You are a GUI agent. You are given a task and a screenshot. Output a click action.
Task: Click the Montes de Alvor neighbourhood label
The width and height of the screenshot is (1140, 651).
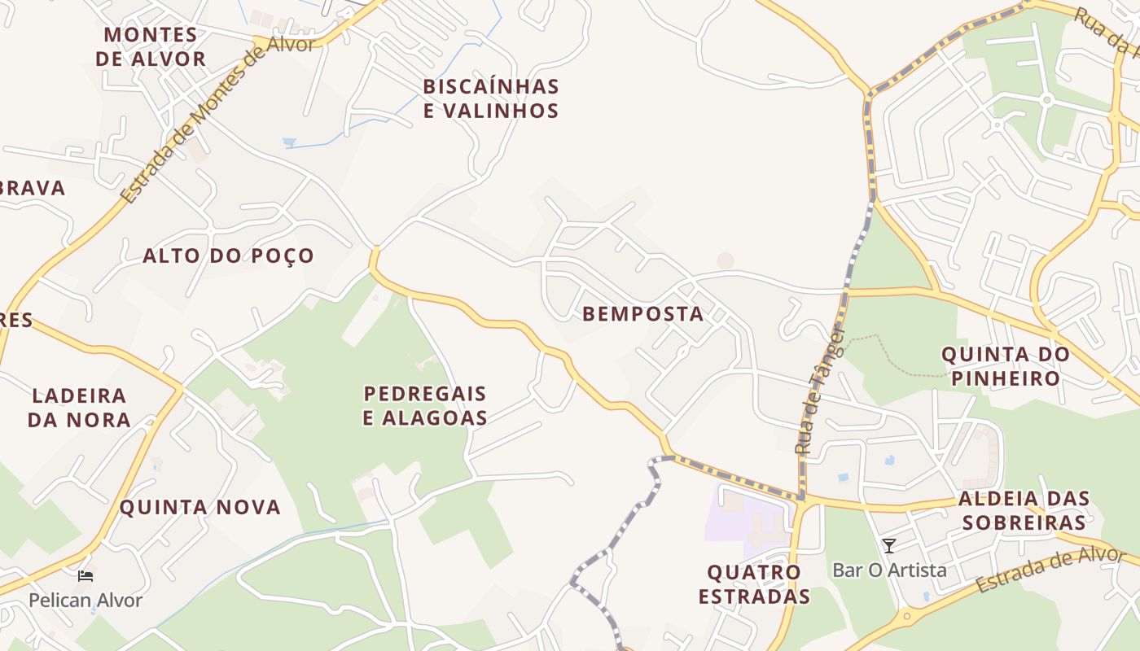(151, 47)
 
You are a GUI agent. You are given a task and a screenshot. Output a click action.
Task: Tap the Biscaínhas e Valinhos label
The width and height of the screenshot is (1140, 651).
(491, 98)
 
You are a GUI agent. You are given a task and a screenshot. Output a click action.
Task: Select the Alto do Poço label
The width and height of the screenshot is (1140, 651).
(229, 256)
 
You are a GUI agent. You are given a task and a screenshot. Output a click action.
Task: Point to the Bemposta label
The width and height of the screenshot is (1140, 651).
(643, 314)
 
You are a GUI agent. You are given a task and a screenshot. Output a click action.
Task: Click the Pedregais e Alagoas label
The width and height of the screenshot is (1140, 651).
(425, 405)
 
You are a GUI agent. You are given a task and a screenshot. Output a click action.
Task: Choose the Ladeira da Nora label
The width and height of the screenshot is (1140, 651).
(79, 408)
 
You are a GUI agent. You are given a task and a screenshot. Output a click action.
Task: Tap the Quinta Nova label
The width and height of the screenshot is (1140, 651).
(200, 507)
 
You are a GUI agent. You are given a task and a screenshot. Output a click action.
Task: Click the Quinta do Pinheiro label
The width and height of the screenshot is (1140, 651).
(1006, 366)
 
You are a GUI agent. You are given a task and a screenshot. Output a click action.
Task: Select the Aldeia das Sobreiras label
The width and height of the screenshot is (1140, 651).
(1023, 510)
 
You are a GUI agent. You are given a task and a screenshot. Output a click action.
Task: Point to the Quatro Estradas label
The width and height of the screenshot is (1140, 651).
(754, 583)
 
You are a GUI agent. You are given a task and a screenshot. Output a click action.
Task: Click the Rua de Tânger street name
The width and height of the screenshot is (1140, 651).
(819, 391)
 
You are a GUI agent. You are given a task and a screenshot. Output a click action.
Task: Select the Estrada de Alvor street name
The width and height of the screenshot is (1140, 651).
(1050, 570)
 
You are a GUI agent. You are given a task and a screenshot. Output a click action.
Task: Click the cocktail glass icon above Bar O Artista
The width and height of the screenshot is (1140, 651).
(889, 546)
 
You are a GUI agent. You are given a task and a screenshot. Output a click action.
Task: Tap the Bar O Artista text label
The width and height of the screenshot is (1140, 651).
(889, 570)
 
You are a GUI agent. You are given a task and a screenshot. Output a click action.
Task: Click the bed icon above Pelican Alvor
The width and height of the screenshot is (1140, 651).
(85, 576)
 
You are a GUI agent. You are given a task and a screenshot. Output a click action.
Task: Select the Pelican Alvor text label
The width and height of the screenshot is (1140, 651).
(85, 601)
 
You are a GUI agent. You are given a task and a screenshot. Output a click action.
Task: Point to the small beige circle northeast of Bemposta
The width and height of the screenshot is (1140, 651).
(725, 260)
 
